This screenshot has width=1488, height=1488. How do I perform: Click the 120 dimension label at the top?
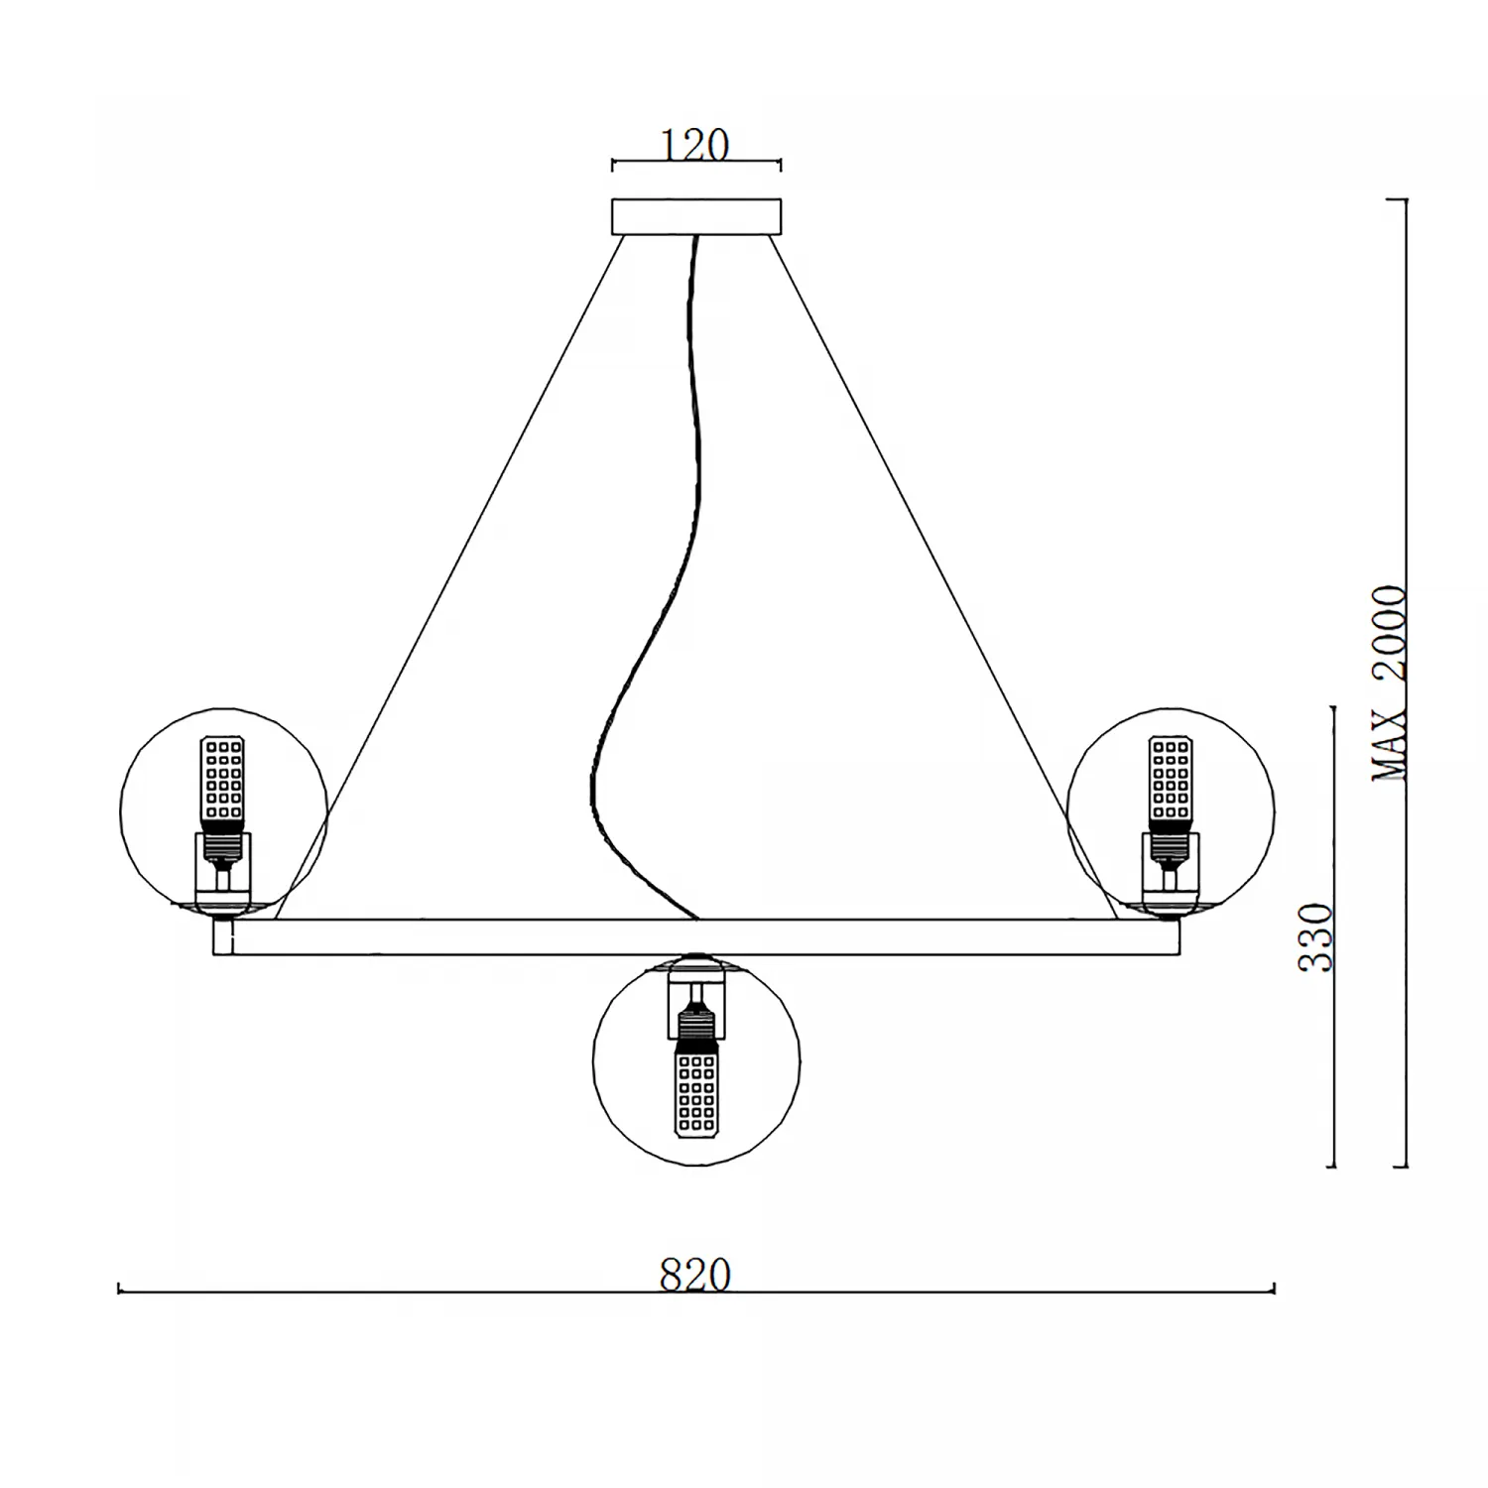coord(695,145)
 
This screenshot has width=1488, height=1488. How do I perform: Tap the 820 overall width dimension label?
coord(695,1275)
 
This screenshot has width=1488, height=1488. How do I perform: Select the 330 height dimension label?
coord(1315,936)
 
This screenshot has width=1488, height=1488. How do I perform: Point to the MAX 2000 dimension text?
coord(1389,683)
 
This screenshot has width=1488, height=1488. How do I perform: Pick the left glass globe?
coord(223,810)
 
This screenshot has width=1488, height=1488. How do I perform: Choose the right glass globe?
coord(1171,810)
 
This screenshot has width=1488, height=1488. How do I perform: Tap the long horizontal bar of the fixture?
coord(696,937)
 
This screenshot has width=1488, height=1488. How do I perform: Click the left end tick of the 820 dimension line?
coord(119,1289)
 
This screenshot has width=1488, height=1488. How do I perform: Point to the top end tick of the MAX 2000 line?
coord(1397,200)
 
